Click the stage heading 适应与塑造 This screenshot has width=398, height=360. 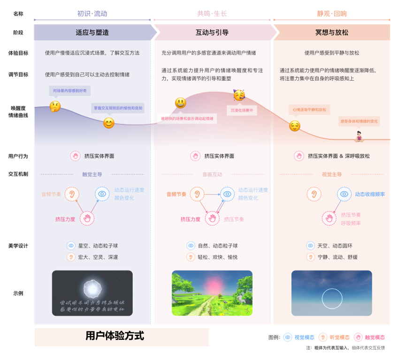[92, 33]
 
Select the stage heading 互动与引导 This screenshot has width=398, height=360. [212, 33]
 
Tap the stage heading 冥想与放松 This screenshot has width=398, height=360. [332, 33]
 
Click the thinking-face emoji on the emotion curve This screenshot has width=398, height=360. [55, 106]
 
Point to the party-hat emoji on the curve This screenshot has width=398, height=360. [239, 95]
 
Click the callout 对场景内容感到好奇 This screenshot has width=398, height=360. [69, 90]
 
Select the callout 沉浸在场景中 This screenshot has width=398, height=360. [242, 111]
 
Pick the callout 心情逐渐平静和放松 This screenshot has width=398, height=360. [309, 110]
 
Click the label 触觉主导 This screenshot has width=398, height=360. [92, 174]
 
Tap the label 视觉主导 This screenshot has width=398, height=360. [332, 174]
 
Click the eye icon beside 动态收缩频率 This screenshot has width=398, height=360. [344, 194]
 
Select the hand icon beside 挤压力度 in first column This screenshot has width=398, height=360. [87, 218]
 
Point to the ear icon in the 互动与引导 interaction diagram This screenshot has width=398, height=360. [198, 194]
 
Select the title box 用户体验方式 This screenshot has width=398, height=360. [122, 337]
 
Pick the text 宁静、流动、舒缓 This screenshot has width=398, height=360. [337, 257]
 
